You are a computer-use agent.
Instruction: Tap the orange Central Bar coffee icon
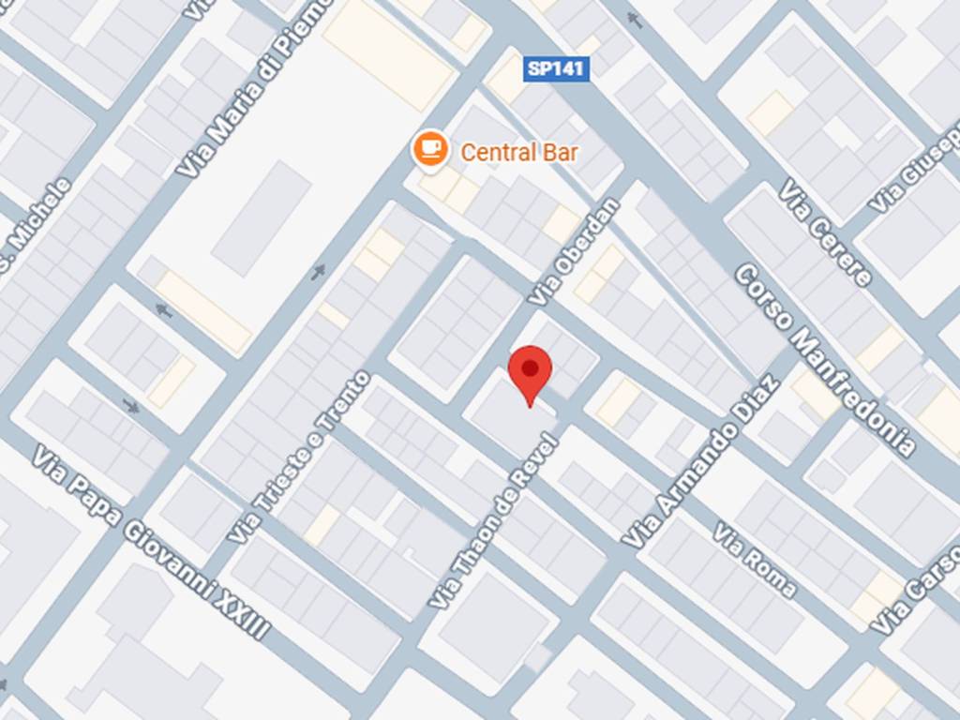430,148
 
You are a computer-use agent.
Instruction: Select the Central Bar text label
519,152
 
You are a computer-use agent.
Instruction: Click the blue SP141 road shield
557,68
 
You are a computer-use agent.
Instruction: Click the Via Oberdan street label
575,251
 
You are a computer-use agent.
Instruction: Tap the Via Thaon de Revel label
494,520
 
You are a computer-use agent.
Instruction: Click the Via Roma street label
755,561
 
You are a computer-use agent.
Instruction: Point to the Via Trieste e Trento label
300,457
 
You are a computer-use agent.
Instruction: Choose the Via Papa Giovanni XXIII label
151,541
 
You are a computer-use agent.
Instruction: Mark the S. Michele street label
36,225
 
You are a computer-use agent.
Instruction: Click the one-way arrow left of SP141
635,19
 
